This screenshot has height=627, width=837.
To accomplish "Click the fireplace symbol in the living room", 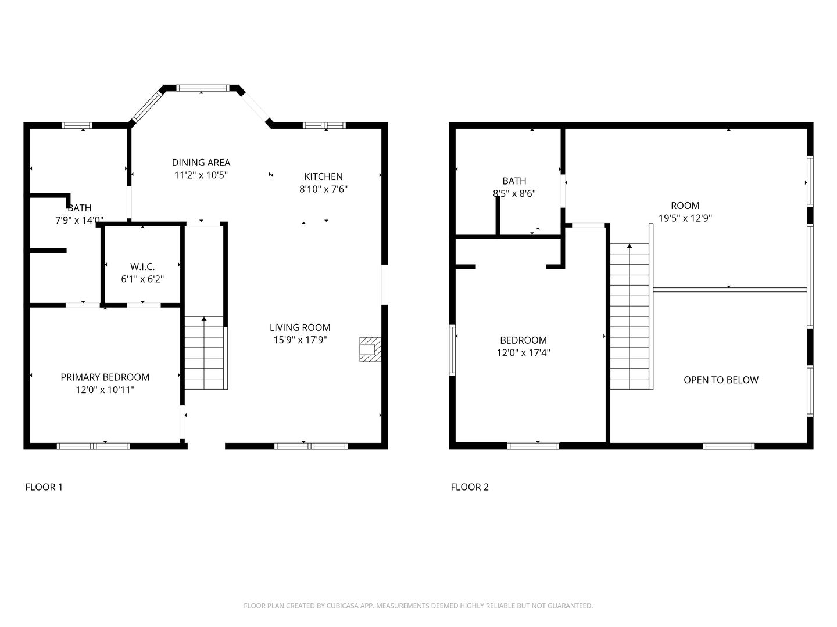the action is pos(370,349).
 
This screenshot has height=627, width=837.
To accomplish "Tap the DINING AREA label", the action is pos(201,163).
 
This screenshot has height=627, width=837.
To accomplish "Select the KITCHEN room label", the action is pos(323,176).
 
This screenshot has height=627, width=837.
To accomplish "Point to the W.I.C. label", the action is pos(142,266).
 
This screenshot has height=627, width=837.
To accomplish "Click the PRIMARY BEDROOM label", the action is pos(105,377).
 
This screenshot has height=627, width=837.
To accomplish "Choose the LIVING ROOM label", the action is pos(300,327).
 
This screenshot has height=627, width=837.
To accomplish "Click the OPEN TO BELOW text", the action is pos(721,380).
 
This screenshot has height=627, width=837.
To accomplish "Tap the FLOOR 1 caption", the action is pos(44,487).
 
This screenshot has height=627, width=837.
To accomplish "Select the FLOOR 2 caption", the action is pos(470,487).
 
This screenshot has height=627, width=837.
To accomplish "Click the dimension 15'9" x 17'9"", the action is pos(300,340).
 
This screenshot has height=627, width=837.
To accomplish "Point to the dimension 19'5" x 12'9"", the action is pos(685,218).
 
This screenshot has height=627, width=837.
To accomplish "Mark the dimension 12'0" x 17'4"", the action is pos(523,352).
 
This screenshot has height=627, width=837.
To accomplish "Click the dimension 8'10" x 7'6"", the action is pos(323,189).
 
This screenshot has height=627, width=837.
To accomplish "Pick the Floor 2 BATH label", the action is pos(514,181).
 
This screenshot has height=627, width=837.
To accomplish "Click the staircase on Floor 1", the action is pos(206,352).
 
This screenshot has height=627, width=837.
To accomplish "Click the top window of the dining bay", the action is pos(202,88).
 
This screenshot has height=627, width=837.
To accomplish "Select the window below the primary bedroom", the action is pos(94,446).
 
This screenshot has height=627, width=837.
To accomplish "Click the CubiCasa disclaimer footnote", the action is pos(419,606).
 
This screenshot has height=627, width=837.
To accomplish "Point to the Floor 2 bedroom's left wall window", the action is pos(452,350).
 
